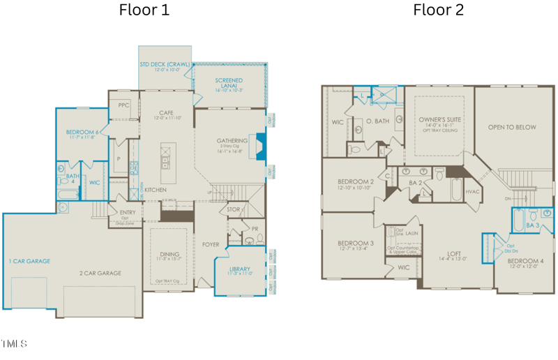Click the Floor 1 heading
click(x=144, y=10)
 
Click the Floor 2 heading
click(x=438, y=10)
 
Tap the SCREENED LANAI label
click(x=229, y=81)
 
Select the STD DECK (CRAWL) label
click(x=165, y=64)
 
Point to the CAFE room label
click(x=165, y=112)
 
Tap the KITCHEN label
click(x=154, y=189)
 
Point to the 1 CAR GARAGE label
click(x=29, y=261)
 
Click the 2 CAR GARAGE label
click(x=100, y=273)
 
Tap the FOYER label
click(x=211, y=245)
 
